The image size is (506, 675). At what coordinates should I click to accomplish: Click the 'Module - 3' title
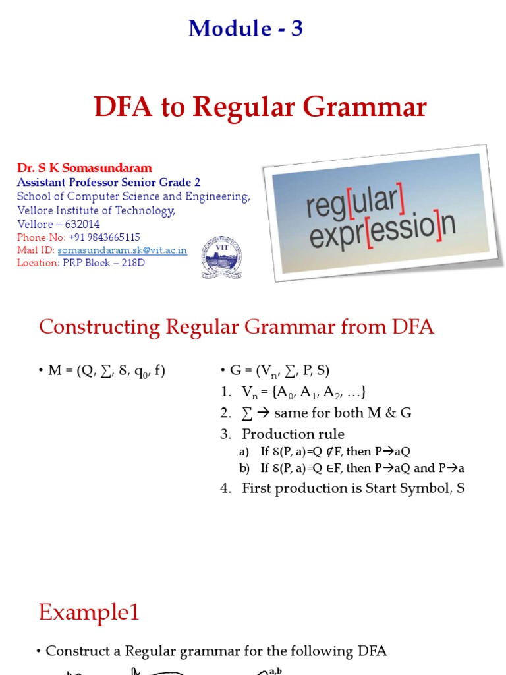click(x=246, y=28)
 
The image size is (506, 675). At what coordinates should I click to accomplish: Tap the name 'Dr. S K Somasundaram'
click(x=84, y=168)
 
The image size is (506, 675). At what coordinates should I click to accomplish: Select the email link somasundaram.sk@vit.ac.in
click(x=123, y=250)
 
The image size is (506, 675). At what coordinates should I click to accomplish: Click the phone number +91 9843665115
click(x=104, y=237)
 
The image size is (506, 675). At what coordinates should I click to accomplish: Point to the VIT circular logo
click(x=221, y=257)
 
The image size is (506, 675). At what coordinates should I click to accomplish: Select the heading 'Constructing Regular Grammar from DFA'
click(x=237, y=327)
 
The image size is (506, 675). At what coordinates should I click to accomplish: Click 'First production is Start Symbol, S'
click(x=353, y=488)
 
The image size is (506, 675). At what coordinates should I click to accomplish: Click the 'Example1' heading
click(x=89, y=612)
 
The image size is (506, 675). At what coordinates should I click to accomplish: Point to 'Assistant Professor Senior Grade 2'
click(x=109, y=182)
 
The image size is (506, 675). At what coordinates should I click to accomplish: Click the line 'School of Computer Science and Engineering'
click(x=134, y=196)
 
